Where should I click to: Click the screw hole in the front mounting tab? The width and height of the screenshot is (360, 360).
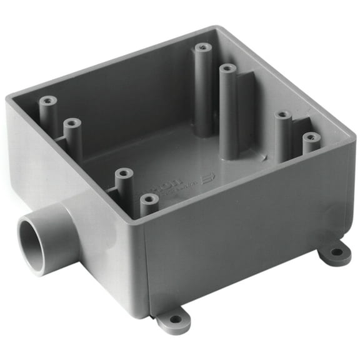pyautogui.click(x=176, y=319)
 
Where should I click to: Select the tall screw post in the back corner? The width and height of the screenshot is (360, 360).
pyautogui.click(x=202, y=87)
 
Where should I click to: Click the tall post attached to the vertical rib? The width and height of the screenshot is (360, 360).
pyautogui.click(x=228, y=109)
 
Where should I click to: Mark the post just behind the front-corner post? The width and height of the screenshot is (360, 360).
pyautogui.click(x=124, y=184)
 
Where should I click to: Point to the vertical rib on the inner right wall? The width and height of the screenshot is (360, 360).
pyautogui.click(x=245, y=106)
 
